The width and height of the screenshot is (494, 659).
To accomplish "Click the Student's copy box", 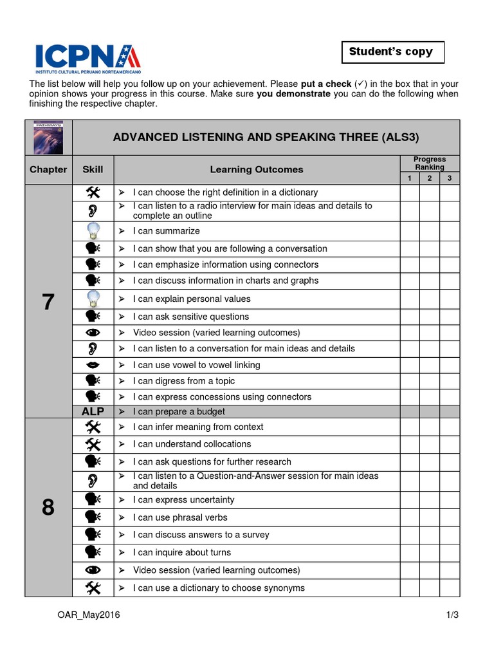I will click(x=392, y=51).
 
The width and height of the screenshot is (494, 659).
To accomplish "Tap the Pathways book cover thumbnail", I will click(x=48, y=137).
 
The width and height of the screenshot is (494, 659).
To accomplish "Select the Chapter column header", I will click(x=48, y=169).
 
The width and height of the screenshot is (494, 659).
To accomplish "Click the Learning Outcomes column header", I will click(x=256, y=169).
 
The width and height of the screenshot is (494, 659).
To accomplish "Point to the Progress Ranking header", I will click(x=429, y=163).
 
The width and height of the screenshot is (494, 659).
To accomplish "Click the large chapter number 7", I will click(x=48, y=302).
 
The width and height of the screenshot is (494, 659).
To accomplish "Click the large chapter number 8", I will click(x=48, y=508).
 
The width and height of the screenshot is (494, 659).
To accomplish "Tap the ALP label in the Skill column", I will click(x=93, y=411).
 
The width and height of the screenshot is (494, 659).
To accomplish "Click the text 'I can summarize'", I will click(x=166, y=231).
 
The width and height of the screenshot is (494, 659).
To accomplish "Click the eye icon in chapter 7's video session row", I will click(x=93, y=333).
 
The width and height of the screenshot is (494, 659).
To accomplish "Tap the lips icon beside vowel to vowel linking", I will click(x=93, y=365).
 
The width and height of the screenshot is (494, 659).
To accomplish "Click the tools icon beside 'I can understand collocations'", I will click(x=93, y=444).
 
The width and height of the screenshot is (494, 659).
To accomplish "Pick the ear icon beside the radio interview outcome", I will click(x=93, y=210).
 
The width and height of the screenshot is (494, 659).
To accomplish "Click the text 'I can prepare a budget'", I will click(x=179, y=411).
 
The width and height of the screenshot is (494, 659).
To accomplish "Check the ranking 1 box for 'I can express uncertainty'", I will click(x=409, y=500).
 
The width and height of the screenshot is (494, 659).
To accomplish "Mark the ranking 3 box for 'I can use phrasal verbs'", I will click(x=450, y=517).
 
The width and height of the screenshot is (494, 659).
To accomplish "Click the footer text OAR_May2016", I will click(x=89, y=615).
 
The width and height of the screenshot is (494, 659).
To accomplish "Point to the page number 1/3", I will click(x=452, y=615).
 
